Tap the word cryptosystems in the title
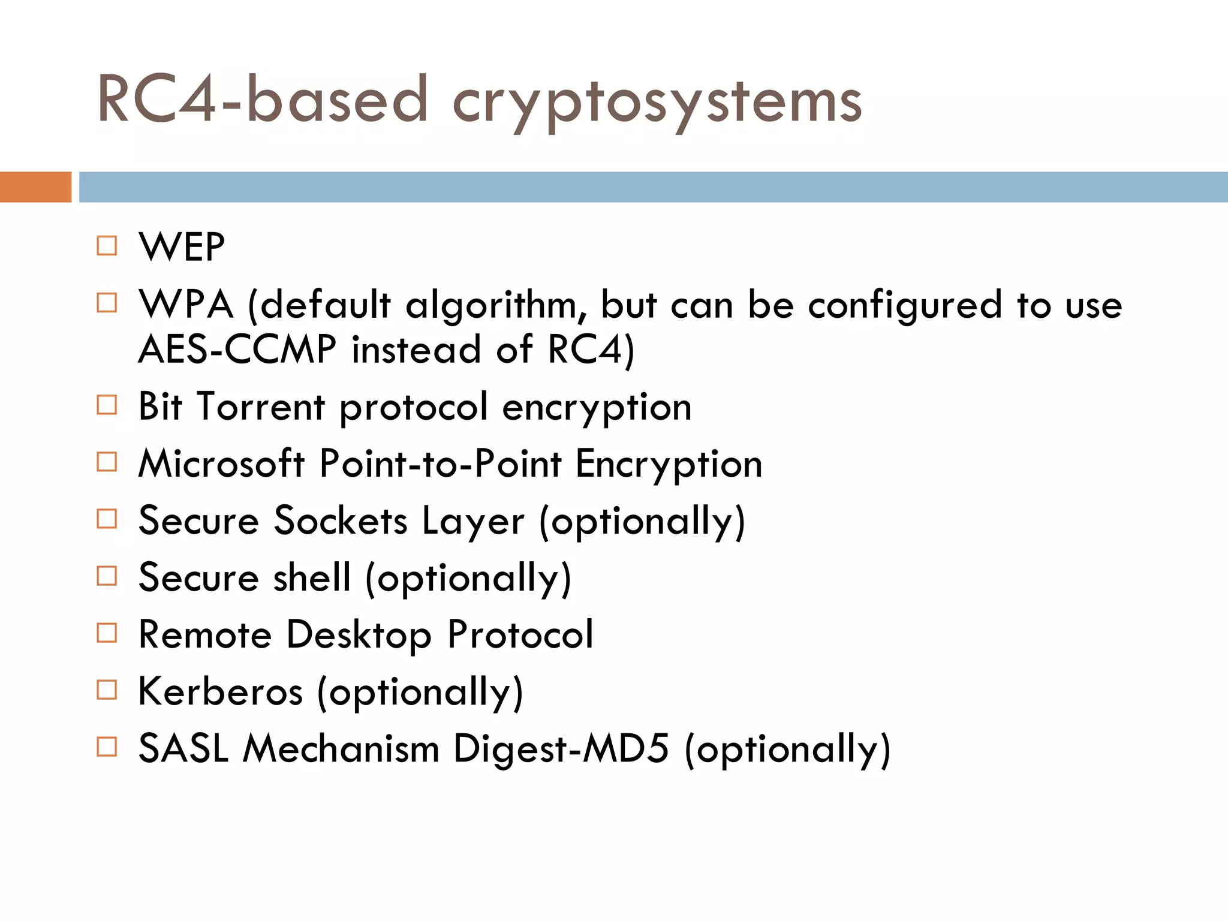pos(657,102)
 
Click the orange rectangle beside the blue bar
pos(35,187)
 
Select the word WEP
pos(182,246)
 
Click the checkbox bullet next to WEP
pos(107,246)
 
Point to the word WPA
pos(186,304)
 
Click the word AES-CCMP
pos(237,349)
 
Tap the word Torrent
pos(261,407)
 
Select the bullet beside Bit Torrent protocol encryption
pos(107,405)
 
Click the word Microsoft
pos(222,463)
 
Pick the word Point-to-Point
pos(441,463)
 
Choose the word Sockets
pos(341,520)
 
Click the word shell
pos(312,577)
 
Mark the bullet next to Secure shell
pos(107,576)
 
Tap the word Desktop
pos(359,634)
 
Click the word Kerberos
pos(221,691)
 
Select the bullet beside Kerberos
pos(107,690)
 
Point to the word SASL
pos(183,748)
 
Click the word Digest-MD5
pos(561,748)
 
